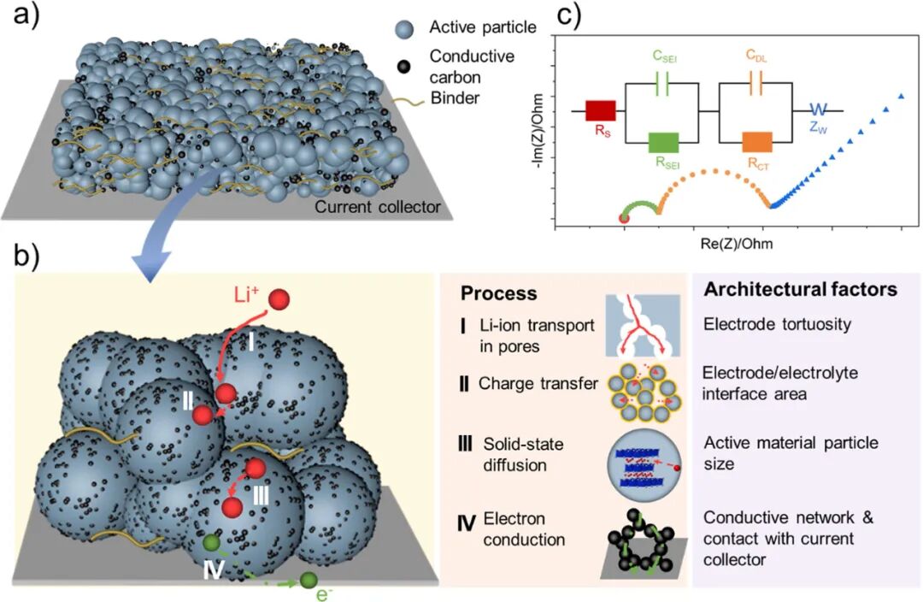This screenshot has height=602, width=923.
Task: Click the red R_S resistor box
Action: click(x=601, y=111)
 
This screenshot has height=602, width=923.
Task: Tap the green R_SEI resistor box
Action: click(x=663, y=143)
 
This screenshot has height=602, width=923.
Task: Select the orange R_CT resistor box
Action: click(x=757, y=143)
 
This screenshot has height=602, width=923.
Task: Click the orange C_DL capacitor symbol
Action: click(x=755, y=85)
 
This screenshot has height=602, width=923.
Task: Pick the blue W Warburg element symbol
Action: click(x=818, y=110)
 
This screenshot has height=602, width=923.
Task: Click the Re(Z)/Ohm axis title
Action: click(x=737, y=243)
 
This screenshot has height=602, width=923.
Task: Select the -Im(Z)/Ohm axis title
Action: click(x=537, y=132)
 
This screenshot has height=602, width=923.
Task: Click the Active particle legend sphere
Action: click(x=403, y=29)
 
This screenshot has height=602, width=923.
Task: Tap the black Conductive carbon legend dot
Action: click(x=403, y=67)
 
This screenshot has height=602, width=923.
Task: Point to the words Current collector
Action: click(x=378, y=207)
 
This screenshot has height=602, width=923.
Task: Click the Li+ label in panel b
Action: click(x=248, y=294)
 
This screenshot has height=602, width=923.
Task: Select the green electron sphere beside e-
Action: click(x=309, y=581)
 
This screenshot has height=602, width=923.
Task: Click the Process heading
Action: click(x=498, y=293)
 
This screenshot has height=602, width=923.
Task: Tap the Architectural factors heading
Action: click(x=801, y=289)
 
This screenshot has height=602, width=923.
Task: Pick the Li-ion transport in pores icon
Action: click(x=643, y=326)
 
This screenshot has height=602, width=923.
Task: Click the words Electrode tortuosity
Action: click(x=777, y=325)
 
